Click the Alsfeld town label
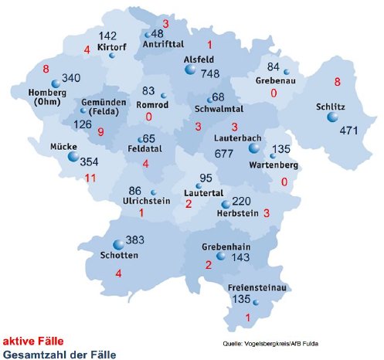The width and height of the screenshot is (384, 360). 200,59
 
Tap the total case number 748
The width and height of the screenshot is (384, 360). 209,73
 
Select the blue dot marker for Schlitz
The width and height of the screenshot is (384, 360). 332,117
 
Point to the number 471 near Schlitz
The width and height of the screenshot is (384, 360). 349,131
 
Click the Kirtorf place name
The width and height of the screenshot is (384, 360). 114,47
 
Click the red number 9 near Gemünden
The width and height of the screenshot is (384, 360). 100,132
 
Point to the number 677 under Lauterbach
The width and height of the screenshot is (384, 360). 224,154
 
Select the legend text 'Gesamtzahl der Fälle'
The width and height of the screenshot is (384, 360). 59,354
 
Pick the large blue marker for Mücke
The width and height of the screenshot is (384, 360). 73,157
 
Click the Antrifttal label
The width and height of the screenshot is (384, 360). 165,45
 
